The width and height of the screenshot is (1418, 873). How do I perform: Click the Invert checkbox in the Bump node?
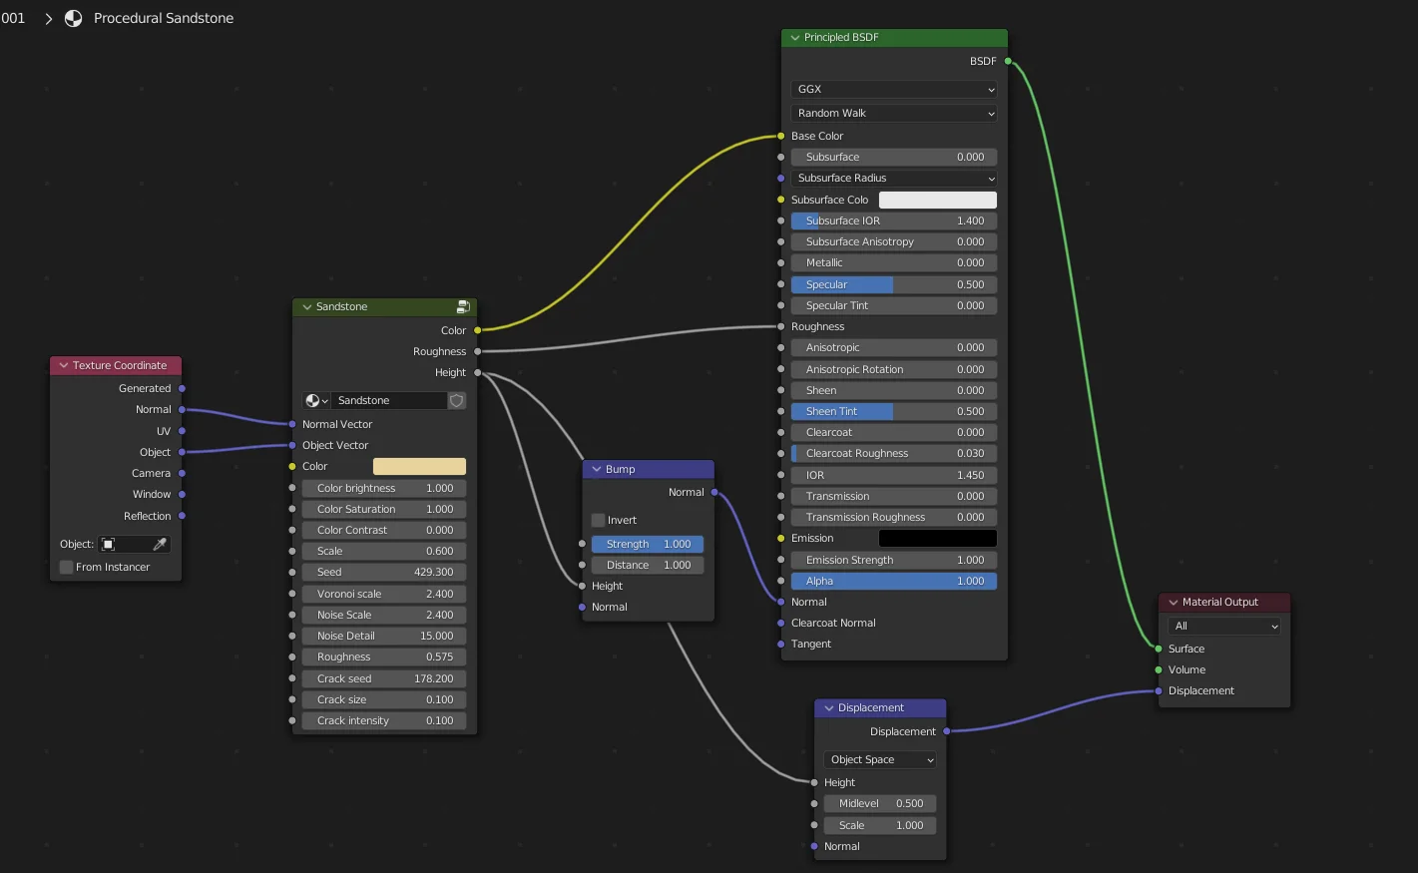pyautogui.click(x=599, y=520)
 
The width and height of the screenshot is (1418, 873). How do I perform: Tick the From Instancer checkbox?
pyautogui.click(x=67, y=567)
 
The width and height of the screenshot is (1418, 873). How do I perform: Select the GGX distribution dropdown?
pyautogui.click(x=893, y=89)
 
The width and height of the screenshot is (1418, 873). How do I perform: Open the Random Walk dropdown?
pyautogui.click(x=893, y=113)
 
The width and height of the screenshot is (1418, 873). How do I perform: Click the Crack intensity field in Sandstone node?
pyautogui.click(x=384, y=720)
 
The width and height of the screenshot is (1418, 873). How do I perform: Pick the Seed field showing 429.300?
pyautogui.click(x=384, y=572)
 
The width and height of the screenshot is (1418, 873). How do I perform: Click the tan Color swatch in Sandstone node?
pyautogui.click(x=419, y=466)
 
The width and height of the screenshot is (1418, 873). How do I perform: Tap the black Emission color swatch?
pyautogui.click(x=937, y=538)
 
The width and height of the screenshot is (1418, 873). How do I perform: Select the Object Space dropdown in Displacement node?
pyautogui.click(x=879, y=759)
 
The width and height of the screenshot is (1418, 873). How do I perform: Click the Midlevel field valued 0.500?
pyautogui.click(x=879, y=803)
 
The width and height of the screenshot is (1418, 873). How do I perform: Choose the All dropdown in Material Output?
pyautogui.click(x=1223, y=626)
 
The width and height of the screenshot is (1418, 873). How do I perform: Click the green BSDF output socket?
pyautogui.click(x=1008, y=61)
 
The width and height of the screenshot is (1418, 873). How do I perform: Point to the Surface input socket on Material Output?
pyautogui.click(x=1159, y=649)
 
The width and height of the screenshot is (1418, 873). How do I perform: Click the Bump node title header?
pyautogui.click(x=649, y=469)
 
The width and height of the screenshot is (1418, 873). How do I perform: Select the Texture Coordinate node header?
pyautogui.click(x=116, y=365)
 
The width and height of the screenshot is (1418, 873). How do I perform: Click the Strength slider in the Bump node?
pyautogui.click(x=648, y=544)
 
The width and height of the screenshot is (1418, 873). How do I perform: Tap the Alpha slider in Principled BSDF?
pyautogui.click(x=893, y=581)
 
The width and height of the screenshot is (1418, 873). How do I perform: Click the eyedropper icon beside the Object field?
pyautogui.click(x=160, y=544)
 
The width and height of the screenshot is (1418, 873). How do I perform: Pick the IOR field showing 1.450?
pyautogui.click(x=893, y=475)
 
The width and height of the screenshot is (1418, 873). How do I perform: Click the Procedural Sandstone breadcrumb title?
pyautogui.click(x=164, y=18)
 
